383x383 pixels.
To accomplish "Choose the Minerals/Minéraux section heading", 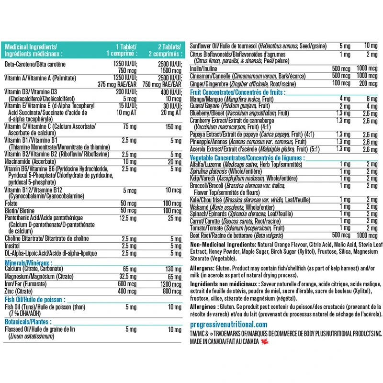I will [x=28, y=262].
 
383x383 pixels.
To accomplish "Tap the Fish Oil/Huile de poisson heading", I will [x=31, y=299].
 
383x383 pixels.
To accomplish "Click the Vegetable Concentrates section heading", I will [x=247, y=158].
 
